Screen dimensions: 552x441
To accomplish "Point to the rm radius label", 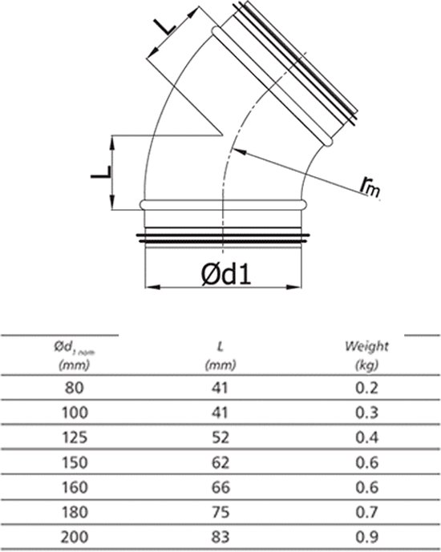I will point(370,186).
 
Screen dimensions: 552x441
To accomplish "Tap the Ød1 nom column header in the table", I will point(73,353).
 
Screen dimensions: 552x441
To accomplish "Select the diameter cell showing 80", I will point(73,389).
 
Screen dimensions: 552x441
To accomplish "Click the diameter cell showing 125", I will point(73,437).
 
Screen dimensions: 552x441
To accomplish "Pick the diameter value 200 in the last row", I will point(73,535).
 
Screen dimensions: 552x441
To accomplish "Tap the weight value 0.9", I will point(367,535).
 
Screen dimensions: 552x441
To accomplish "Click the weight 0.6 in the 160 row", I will point(367,486).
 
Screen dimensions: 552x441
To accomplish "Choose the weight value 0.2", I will point(367,389).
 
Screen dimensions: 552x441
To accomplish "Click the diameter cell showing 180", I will point(73,510).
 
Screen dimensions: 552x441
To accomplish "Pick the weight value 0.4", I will point(367,437).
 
